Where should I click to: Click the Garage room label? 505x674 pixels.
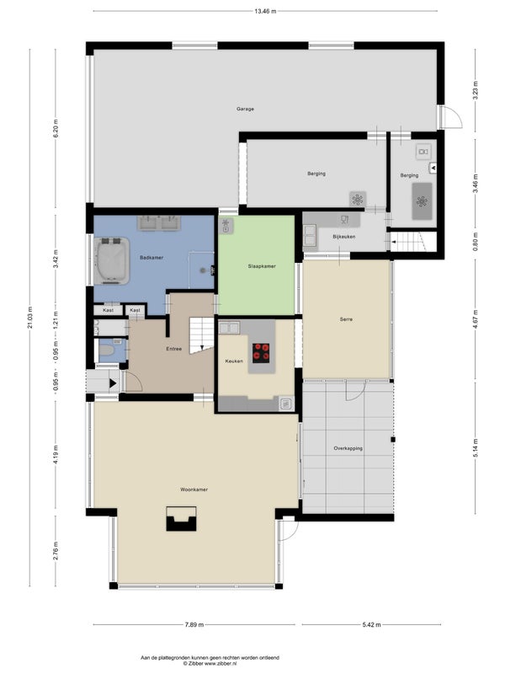245,110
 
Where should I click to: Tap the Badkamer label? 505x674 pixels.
151,258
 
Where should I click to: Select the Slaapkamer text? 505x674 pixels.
262,266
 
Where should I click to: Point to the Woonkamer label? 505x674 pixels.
194,489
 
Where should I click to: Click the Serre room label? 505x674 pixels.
346,319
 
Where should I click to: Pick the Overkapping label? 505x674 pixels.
348,448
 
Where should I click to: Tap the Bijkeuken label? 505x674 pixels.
344,237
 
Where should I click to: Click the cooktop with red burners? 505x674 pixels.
261,350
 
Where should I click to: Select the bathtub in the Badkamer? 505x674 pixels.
112,260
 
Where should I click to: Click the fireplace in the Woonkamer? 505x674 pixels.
181,518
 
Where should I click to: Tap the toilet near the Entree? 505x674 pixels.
108,350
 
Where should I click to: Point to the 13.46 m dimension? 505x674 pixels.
265,11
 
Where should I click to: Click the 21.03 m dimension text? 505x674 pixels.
29,318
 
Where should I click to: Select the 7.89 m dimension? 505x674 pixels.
194,624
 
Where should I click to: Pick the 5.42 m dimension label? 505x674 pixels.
371,624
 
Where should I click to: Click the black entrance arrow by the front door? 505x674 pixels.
113,383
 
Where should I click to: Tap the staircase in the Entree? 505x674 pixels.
202,334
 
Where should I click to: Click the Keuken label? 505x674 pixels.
234,361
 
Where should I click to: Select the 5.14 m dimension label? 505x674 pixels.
475,447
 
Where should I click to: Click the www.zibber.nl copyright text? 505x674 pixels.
210,663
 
